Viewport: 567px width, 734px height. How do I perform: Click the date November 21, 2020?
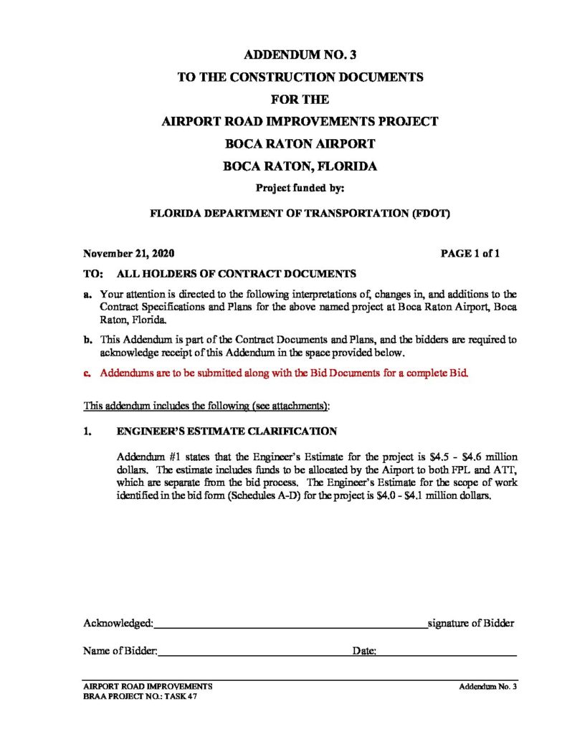[x=128, y=254]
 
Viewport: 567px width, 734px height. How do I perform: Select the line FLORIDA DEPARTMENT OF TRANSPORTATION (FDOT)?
[x=300, y=213]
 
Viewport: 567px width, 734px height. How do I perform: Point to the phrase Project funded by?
[x=300, y=189]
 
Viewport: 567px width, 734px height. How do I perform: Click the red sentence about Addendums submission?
[x=284, y=373]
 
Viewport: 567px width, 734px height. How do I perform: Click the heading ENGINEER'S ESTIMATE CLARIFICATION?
[x=227, y=432]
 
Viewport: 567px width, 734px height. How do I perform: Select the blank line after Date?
[x=447, y=652]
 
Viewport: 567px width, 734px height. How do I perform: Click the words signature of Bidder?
[x=471, y=623]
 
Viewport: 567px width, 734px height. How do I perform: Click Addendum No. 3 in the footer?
[x=488, y=687]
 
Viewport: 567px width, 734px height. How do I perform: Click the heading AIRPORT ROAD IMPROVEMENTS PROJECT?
[x=300, y=121]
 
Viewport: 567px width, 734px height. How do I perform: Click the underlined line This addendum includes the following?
[x=206, y=406]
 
